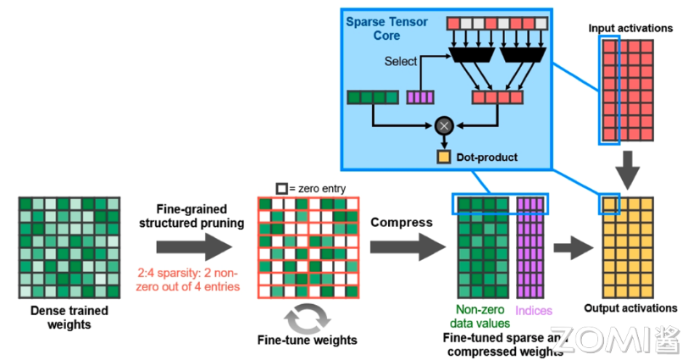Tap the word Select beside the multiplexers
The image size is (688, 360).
click(401, 61)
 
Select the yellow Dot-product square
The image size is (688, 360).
click(442, 157)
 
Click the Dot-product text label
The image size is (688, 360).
click(486, 157)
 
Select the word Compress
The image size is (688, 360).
click(402, 222)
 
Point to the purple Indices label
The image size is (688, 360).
click(535, 311)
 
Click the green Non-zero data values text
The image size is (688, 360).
click(481, 316)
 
